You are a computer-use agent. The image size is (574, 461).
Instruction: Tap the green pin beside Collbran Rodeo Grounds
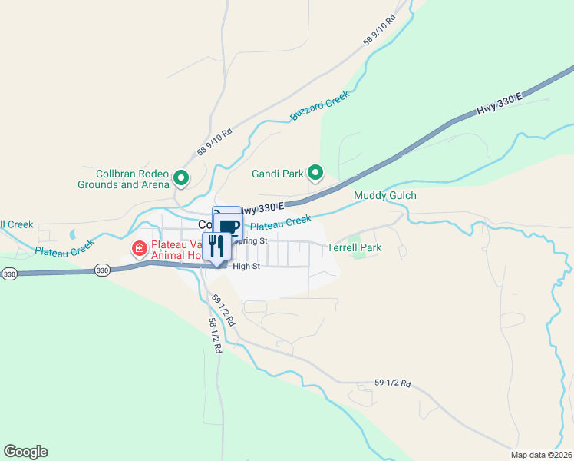click(182, 178)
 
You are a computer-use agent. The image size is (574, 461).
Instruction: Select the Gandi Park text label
click(278, 174)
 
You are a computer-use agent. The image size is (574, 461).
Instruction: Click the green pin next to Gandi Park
click(315, 173)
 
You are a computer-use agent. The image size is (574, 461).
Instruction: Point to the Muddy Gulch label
click(384, 196)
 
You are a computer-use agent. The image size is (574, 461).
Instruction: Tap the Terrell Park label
click(354, 248)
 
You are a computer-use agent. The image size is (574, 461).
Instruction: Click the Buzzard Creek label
click(319, 106)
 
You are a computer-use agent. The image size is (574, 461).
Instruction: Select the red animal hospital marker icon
click(140, 247)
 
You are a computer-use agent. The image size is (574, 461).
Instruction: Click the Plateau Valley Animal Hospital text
click(176, 249)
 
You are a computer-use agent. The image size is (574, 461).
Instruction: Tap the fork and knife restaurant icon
click(216, 246)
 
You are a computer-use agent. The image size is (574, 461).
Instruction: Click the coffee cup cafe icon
click(229, 226)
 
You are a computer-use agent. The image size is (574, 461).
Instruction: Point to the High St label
click(246, 267)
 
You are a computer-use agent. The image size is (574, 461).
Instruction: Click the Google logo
click(25, 452)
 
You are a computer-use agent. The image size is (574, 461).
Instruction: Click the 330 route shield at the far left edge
click(8, 274)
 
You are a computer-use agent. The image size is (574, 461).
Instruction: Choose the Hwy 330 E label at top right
click(499, 104)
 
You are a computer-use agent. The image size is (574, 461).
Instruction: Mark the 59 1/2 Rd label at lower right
click(393, 383)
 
